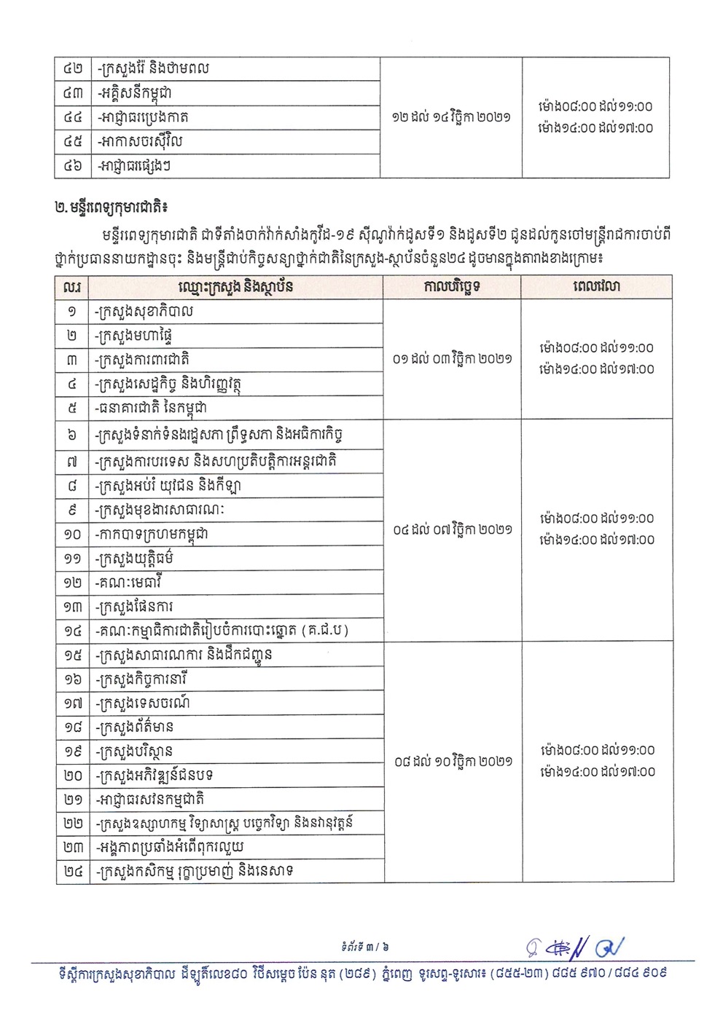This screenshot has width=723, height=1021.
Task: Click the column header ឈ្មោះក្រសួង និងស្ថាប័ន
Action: click(x=235, y=287)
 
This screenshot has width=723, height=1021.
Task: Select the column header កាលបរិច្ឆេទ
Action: click(x=452, y=287)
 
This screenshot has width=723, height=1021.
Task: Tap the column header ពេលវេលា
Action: click(x=596, y=287)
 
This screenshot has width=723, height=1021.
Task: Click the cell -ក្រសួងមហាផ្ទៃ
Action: click(x=134, y=336)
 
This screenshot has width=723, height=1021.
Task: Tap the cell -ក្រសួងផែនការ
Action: click(x=135, y=607)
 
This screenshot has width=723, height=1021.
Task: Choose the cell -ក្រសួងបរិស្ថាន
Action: click(x=134, y=751)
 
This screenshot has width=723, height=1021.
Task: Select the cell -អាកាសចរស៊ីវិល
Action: click(x=138, y=141)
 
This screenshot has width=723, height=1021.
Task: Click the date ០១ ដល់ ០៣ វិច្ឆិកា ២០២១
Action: click(x=452, y=359)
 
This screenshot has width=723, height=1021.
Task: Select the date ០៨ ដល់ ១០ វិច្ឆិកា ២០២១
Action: click(x=452, y=762)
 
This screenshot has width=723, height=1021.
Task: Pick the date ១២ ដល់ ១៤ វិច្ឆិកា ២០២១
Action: click(x=451, y=117)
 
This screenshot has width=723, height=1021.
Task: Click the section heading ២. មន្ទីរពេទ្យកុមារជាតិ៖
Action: click(x=111, y=208)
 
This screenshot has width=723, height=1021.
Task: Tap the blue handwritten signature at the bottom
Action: click(x=576, y=947)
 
